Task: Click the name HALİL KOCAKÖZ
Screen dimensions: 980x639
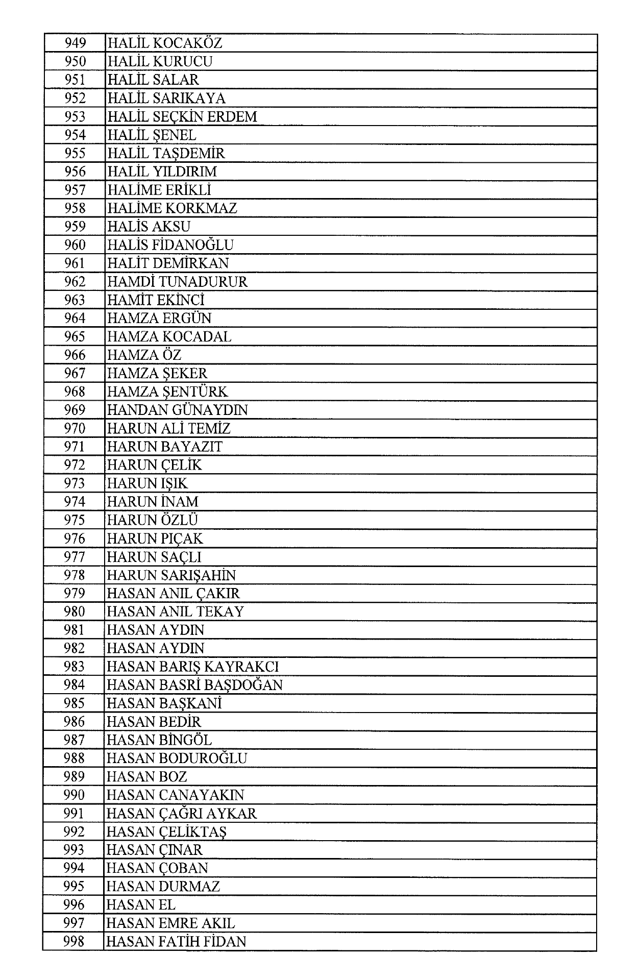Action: (165, 43)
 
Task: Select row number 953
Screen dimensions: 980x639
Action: (75, 117)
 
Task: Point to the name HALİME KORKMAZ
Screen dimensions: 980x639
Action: (172, 208)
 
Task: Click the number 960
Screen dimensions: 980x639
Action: (75, 245)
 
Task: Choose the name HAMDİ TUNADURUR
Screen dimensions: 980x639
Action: (177, 282)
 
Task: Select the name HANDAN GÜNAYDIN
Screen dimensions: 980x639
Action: (177, 410)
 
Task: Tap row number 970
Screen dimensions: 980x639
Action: (75, 428)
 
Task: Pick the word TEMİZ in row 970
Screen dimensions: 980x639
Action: (211, 428)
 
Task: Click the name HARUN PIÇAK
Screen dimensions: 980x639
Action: (155, 538)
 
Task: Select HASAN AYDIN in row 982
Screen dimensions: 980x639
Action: (156, 648)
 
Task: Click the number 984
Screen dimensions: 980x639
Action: (75, 685)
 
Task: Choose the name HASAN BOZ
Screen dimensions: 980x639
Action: (147, 777)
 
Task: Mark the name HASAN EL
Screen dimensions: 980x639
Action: (141, 905)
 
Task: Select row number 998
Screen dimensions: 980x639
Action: (74, 942)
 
